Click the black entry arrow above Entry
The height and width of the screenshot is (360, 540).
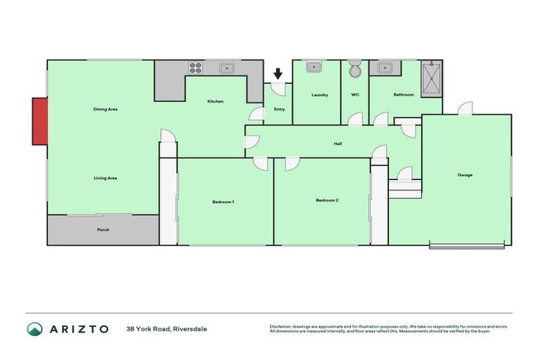(278, 73)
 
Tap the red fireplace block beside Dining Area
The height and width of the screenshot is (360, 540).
(39, 122)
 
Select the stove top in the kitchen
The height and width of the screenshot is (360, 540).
(195, 68)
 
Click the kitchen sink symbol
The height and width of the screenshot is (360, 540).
(226, 68)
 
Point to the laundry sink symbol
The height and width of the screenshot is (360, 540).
(314, 67)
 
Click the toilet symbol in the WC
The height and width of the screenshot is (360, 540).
(355, 70)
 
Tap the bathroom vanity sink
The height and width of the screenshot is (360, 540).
(384, 68)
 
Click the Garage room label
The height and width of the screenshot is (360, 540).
(464, 175)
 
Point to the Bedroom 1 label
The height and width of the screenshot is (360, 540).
(223, 202)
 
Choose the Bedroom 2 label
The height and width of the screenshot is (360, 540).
(327, 200)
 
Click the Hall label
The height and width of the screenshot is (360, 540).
(337, 144)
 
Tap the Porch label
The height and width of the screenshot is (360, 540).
(103, 230)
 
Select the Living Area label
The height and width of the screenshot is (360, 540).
(105, 178)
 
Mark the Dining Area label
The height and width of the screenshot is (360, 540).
(105, 110)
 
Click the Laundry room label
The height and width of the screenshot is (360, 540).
(320, 94)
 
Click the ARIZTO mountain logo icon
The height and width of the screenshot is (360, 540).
(34, 329)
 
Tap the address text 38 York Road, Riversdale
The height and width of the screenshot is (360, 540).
(167, 329)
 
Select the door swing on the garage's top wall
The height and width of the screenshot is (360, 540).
(464, 108)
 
